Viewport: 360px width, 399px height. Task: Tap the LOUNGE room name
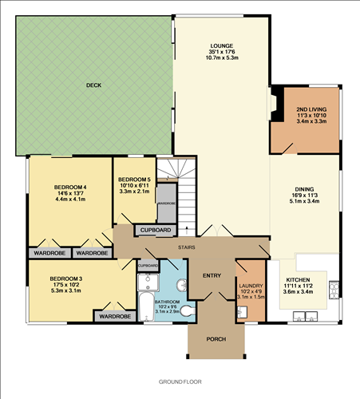221,46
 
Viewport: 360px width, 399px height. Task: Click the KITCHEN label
300,280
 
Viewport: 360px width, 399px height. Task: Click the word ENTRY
212,275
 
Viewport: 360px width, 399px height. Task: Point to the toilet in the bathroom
182,286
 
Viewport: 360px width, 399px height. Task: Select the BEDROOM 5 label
133,180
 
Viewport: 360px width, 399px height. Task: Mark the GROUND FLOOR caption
180,382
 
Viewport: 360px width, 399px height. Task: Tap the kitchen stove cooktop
336,287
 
